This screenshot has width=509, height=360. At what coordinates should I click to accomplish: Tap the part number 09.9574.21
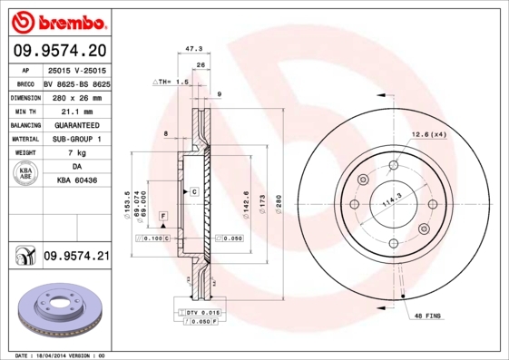coord(75,257)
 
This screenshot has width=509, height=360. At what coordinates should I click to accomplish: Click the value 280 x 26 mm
coord(75,96)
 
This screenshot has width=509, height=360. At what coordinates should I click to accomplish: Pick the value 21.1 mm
coord(75,110)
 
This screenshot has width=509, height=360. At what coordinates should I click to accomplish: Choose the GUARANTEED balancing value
coord(75,124)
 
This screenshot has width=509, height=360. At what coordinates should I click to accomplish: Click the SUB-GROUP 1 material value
coord(75,139)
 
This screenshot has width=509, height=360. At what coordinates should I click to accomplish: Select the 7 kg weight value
coord(75,153)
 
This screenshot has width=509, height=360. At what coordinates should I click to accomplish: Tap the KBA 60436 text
coord(75,181)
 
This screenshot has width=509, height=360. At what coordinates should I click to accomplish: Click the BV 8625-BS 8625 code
coord(75,82)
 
